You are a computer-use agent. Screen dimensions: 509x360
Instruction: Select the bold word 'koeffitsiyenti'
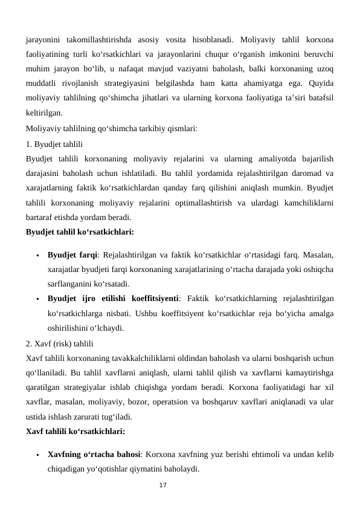click(x=152, y=298)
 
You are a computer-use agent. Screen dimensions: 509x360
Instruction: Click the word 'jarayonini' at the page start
click(x=43, y=39)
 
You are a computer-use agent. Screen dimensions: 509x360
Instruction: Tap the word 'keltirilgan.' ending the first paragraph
click(x=43, y=112)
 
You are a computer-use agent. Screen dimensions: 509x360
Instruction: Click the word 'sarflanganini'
click(x=72, y=283)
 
